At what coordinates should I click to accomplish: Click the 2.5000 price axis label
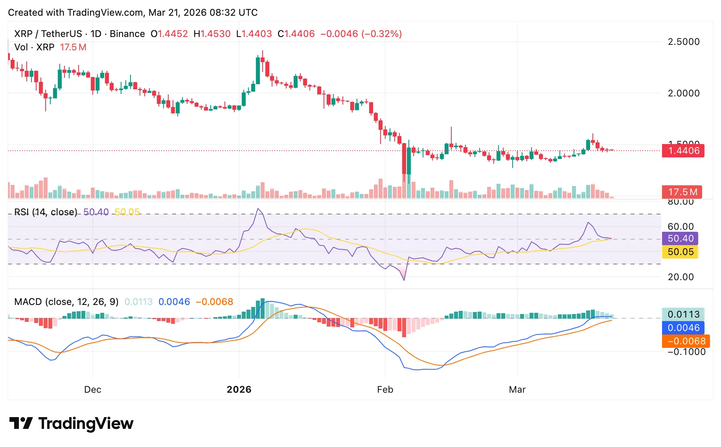coord(683,42)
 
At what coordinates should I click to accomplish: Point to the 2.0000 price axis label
coord(683,93)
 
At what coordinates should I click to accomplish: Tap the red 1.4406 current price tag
coord(683,151)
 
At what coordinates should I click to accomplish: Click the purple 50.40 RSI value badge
coord(680,238)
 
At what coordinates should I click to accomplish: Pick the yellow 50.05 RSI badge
coord(680,252)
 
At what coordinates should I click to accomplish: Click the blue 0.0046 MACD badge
coord(683,328)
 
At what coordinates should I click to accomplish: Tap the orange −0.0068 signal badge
coord(686,341)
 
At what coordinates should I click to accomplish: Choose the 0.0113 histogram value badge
coord(683,314)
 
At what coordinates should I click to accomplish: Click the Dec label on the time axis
coord(93,390)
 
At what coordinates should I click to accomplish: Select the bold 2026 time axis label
coord(239,390)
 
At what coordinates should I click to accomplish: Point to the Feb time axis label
coord(385,390)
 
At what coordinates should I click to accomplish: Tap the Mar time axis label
coord(517,390)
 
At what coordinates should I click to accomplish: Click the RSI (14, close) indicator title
coord(46,212)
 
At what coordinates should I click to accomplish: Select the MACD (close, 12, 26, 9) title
coord(66,302)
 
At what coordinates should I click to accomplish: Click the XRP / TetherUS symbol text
coord(48,34)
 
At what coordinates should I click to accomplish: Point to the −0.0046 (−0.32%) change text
coord(361,34)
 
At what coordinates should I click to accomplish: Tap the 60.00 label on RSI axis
coord(680,227)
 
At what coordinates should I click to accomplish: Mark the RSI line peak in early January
coord(258,209)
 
